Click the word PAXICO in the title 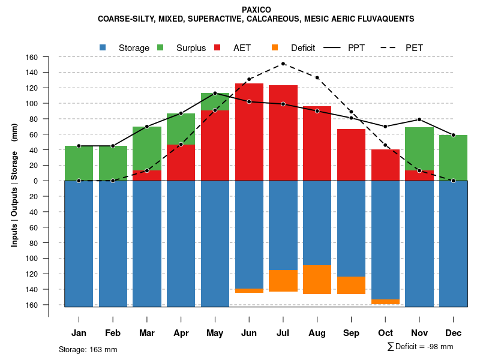coord(256,10)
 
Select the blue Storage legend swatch coord(103,47)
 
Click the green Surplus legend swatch coord(160,47)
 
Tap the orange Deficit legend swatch coord(275,47)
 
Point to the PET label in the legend coord(414,47)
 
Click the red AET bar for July coord(283,132)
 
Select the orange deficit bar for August coord(317,279)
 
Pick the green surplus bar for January coord(79,163)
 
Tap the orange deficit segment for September coord(352,285)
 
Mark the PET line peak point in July coord(283,64)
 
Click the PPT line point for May coord(215,93)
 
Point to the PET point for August coord(317,77)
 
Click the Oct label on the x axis coord(385,333)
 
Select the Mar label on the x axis coord(146,333)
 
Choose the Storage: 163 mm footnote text coord(88,349)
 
